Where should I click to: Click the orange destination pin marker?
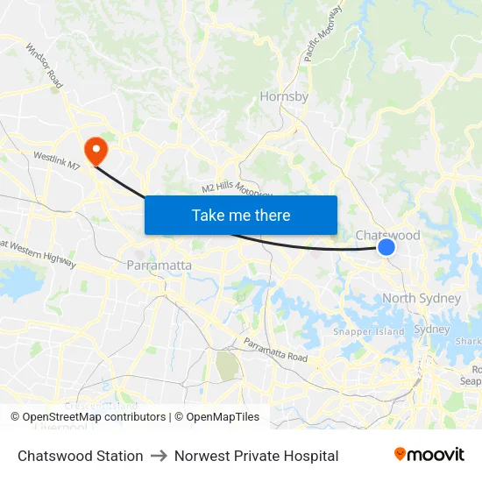[x=93, y=149]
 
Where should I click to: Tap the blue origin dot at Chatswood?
[x=386, y=249]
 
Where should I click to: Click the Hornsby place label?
[x=284, y=96]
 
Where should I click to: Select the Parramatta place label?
[x=159, y=265]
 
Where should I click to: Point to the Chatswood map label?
[x=387, y=235]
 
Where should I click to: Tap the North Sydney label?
[x=421, y=298]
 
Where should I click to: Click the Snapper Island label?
[x=368, y=331]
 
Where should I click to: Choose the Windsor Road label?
[x=44, y=66]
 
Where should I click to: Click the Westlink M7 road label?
[x=57, y=161]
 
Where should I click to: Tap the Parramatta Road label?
[x=275, y=351]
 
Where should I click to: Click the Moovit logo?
[x=429, y=455]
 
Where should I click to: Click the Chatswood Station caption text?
[x=81, y=456]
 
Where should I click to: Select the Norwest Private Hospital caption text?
[x=256, y=456]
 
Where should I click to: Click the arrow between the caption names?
[x=159, y=456]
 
